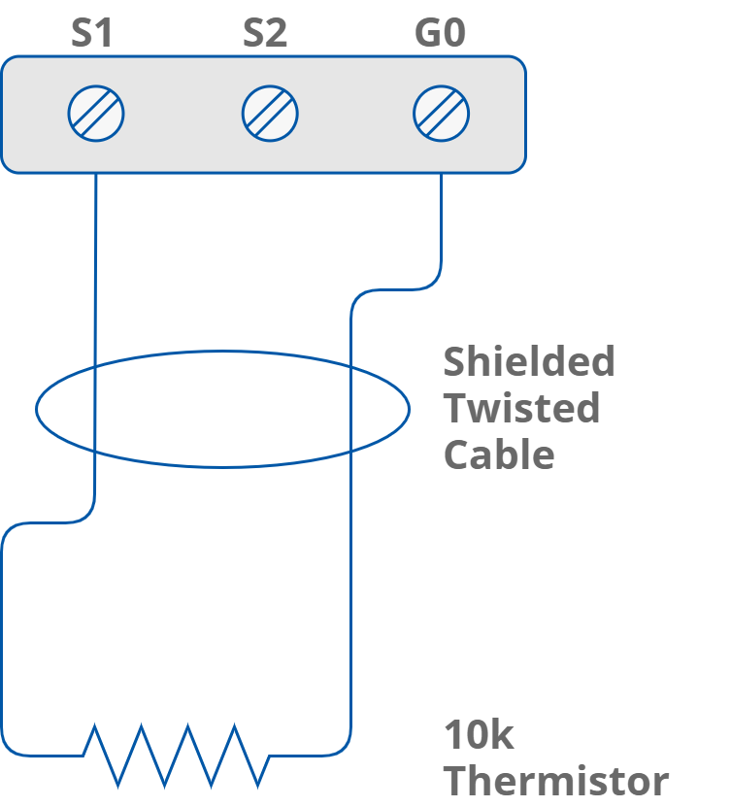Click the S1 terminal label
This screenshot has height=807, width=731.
[x=92, y=34]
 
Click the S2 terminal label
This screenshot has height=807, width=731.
[x=265, y=34]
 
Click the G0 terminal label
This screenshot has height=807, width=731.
[x=440, y=34]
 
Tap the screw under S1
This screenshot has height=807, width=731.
[x=96, y=114]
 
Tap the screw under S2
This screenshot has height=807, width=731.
[x=270, y=114]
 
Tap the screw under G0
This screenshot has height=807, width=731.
[x=442, y=114]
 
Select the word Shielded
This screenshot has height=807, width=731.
[x=529, y=362]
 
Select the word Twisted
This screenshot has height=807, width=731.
[x=521, y=409]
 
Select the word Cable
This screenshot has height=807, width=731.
[x=499, y=454]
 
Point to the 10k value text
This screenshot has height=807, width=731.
[x=479, y=735]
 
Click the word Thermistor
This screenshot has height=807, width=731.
[x=556, y=781]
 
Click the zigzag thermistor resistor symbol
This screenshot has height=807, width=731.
[x=175, y=755]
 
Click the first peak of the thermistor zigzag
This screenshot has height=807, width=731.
[x=94, y=724]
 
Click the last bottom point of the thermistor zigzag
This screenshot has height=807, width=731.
[x=259, y=786]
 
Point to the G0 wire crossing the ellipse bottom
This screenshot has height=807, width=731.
[x=349, y=453]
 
